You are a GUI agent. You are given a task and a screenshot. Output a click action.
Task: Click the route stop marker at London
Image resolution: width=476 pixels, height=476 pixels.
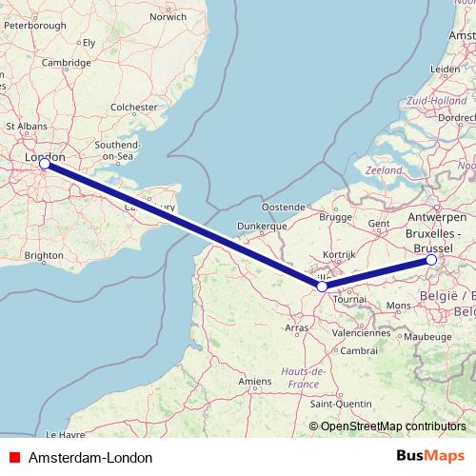(x=44, y=164)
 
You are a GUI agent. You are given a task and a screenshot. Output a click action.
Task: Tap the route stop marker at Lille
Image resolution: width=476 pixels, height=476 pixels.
(x=323, y=286)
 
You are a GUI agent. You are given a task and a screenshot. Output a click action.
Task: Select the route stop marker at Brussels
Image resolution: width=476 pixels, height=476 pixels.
(x=431, y=259)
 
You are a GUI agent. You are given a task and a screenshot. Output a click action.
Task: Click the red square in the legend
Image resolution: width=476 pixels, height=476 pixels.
(x=12, y=458)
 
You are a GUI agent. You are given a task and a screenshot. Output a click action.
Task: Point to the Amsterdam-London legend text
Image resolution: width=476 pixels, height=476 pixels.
(x=90, y=458)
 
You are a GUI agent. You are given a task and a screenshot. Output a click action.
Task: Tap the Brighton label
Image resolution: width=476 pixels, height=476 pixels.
(x=44, y=255)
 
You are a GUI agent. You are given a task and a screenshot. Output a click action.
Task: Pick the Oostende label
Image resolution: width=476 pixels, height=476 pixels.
(x=284, y=207)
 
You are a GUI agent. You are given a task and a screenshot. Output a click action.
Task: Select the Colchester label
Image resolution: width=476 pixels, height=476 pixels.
(x=132, y=109)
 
